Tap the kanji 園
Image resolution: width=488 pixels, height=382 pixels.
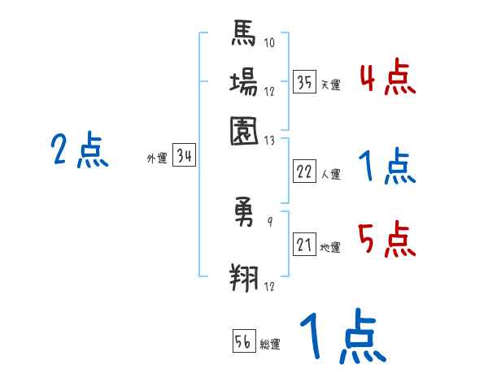244,129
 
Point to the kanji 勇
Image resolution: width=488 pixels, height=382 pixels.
244,214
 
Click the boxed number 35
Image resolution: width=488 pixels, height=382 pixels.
305,82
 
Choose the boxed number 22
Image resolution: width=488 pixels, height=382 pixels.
305,171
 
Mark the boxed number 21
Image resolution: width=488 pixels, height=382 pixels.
305,245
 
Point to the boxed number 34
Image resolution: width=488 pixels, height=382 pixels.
185,157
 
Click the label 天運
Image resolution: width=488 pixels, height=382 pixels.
330,85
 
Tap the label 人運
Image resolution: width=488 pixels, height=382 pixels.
330,174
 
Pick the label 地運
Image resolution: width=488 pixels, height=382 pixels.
330,247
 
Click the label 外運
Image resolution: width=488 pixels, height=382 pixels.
156,159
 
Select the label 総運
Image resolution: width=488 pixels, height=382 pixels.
270,344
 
